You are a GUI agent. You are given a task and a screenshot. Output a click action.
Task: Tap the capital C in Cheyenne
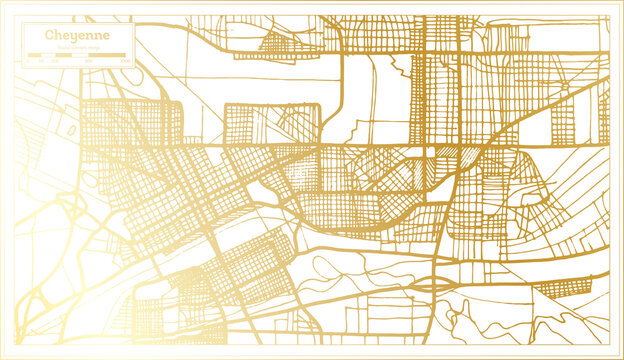pyautogui.click(x=48, y=35)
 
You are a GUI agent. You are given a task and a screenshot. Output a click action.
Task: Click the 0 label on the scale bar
pyautogui.click(x=28, y=62)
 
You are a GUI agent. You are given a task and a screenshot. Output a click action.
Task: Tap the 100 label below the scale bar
pyautogui.click(x=54, y=62)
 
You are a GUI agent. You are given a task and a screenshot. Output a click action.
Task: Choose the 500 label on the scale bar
pyautogui.click(x=88, y=62)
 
